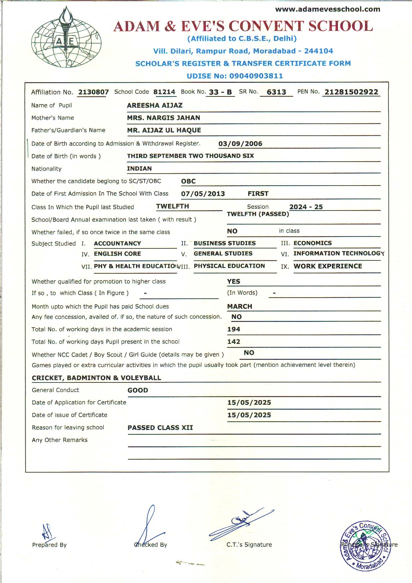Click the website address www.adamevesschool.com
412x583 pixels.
[327, 9]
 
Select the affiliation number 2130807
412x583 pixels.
[93, 92]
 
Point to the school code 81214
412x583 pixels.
[164, 92]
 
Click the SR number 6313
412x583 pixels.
[276, 92]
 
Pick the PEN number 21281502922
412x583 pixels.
[351, 92]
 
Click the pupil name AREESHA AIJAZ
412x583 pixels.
[154, 105]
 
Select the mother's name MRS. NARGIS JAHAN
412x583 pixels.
[163, 118]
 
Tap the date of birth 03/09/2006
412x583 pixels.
[240, 144]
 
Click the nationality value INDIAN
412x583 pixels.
[139, 169]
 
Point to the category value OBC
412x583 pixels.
[188, 181]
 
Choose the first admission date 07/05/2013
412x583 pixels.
[203, 194]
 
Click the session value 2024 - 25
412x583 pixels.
[306, 207]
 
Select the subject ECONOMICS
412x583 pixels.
[312, 243]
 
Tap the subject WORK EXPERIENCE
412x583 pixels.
[328, 266]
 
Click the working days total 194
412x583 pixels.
[234, 329]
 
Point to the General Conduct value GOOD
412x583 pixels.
[138, 390]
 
